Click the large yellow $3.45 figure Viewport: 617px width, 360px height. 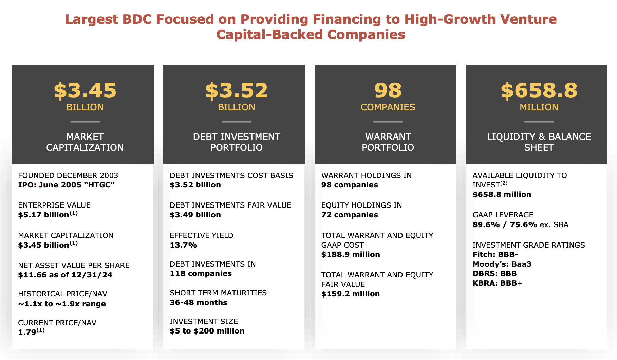click(x=85, y=91)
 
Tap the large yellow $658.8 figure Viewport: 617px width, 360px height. click(x=539, y=91)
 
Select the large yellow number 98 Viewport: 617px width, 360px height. click(x=388, y=91)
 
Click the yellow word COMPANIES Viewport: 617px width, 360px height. click(x=388, y=107)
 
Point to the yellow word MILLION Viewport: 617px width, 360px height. click(x=539, y=107)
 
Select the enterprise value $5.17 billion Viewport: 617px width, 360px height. click(x=44, y=215)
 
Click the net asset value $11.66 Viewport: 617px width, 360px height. click(x=32, y=275)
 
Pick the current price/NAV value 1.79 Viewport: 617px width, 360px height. click(x=27, y=332)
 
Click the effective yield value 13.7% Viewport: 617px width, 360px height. click(x=183, y=245)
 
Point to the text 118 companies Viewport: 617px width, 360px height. click(x=201, y=274)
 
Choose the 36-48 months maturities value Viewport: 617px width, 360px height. click(x=199, y=303)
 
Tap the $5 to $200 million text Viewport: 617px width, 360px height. click(x=207, y=331)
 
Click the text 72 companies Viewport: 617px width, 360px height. click(x=349, y=215)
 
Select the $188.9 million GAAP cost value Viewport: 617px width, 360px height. click(x=351, y=255)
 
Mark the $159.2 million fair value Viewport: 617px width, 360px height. click(x=351, y=294)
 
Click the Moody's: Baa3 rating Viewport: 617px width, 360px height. click(x=502, y=264)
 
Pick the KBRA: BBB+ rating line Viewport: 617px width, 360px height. click(x=497, y=283)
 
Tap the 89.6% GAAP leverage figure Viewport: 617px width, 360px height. click(x=486, y=225)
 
